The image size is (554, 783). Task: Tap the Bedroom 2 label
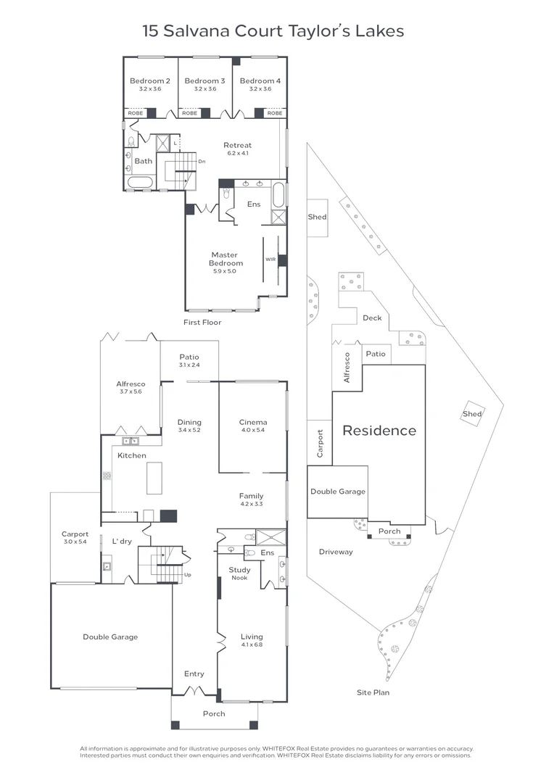pyautogui.click(x=149, y=81)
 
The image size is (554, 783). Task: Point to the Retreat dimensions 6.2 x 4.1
pyautogui.click(x=237, y=154)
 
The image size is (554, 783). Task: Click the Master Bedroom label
pyautogui.click(x=224, y=259)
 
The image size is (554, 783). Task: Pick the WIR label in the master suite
pyautogui.click(x=270, y=259)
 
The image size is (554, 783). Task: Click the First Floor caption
pyautogui.click(x=203, y=323)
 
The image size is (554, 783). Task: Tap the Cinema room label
pyautogui.click(x=253, y=423)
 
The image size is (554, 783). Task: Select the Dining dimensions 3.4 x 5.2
pyautogui.click(x=189, y=431)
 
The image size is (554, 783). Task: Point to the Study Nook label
pyautogui.click(x=239, y=573)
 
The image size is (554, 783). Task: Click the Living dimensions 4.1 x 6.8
pyautogui.click(x=252, y=645)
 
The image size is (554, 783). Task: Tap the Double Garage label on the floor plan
pyautogui.click(x=110, y=637)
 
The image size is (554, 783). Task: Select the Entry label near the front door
pyautogui.click(x=194, y=674)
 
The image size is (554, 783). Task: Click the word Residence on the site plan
pyautogui.click(x=379, y=431)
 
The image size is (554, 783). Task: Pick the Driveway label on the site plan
pyautogui.click(x=336, y=552)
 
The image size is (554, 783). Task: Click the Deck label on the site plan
pyautogui.click(x=371, y=318)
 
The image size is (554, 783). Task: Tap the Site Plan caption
pyautogui.click(x=372, y=693)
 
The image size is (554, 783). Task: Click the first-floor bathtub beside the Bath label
pyautogui.click(x=139, y=181)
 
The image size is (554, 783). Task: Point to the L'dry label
pyautogui.click(x=120, y=541)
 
